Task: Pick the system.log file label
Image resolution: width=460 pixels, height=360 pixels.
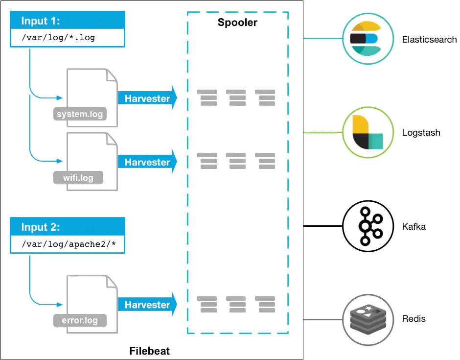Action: tap(80, 115)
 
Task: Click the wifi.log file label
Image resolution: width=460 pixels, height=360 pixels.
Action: tap(78, 177)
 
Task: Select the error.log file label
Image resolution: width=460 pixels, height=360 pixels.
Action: tap(80, 321)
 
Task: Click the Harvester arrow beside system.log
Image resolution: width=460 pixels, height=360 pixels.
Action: tap(147, 98)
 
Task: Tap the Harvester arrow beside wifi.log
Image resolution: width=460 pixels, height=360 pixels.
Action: tap(147, 162)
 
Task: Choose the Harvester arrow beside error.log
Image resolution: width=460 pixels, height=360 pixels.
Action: tap(147, 305)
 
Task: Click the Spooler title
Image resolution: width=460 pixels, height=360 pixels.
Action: tap(237, 23)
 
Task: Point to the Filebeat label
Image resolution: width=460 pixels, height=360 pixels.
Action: tap(149, 351)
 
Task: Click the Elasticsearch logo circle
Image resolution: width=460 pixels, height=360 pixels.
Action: tap(368, 39)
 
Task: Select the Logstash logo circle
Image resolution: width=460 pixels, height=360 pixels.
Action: tap(368, 132)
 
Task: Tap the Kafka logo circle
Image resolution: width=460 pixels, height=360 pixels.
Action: tap(367, 226)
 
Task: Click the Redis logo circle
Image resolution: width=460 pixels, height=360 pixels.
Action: tap(367, 319)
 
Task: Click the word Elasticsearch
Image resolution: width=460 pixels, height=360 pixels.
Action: tap(429, 40)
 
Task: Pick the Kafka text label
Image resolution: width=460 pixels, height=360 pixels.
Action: tap(414, 227)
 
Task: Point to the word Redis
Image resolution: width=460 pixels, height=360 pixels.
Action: tap(414, 319)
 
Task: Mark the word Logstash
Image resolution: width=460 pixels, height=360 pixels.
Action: tap(421, 133)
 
